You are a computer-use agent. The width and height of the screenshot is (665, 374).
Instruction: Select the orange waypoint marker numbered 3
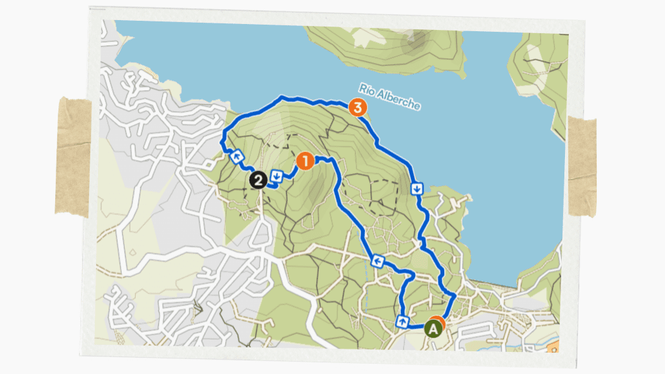click(x=356, y=107)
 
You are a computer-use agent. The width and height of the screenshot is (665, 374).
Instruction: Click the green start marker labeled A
click(x=433, y=329)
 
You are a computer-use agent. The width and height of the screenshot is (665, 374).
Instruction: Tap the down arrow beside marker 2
click(x=277, y=175)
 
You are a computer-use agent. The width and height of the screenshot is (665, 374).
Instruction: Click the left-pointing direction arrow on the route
click(x=377, y=261)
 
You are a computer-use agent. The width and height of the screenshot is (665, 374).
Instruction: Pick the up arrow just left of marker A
click(x=403, y=321)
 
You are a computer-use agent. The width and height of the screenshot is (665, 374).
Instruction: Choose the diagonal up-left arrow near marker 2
click(x=238, y=156)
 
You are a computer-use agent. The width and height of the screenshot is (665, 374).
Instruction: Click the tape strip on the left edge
click(x=73, y=156)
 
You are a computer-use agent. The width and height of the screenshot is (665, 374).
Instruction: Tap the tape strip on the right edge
click(x=582, y=166)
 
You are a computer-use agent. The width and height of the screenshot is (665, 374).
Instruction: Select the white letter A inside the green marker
click(x=433, y=329)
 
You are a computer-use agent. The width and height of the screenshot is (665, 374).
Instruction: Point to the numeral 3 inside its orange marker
click(x=356, y=107)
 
